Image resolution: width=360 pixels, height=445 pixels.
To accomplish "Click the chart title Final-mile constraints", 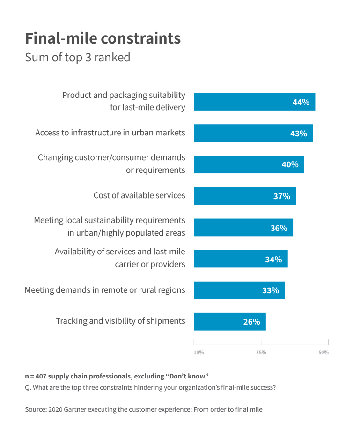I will tap(103, 38).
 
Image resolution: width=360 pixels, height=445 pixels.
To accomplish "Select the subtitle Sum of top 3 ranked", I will tap(77, 58).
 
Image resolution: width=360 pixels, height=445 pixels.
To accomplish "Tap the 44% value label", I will tap(301, 102).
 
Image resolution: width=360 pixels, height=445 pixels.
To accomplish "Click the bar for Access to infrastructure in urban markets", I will tap(253, 133).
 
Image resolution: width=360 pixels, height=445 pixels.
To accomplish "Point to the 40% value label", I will tap(290, 164).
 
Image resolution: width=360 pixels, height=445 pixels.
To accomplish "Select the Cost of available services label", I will tap(139, 195).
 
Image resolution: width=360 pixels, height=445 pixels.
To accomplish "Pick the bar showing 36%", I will tap(243, 228).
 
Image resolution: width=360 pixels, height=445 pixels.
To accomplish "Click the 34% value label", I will tap(273, 259).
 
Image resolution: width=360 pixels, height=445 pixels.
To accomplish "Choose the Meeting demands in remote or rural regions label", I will tap(105, 290).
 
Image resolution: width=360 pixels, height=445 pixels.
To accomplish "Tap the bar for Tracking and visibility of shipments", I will tap(229, 321).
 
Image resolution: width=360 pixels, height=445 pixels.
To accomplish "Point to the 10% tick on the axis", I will tap(198, 352).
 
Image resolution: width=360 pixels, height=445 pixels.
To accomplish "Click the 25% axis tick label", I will tap(261, 352).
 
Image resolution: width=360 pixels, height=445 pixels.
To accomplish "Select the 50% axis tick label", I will tap(323, 352).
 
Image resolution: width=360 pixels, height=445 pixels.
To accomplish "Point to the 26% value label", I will tap(251, 322).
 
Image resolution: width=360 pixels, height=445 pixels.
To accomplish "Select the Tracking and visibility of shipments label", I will tap(120, 321).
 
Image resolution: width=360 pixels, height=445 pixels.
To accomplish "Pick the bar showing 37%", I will tap(245, 196).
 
